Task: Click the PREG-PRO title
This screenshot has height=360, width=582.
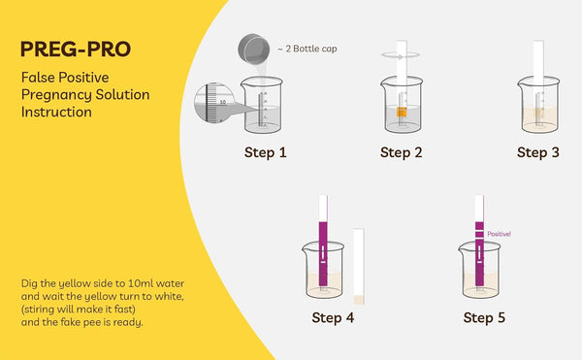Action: (76, 49)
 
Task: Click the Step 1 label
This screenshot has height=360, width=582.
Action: (266, 152)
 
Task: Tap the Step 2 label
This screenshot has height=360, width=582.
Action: (402, 152)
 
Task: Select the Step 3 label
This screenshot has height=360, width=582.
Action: (538, 152)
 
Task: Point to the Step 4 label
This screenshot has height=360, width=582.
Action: (333, 317)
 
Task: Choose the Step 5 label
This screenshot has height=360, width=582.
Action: (484, 317)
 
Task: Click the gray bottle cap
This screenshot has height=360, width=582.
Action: (254, 49)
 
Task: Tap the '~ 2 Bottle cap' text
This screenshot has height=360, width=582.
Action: (307, 49)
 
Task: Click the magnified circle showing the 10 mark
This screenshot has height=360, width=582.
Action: (214, 103)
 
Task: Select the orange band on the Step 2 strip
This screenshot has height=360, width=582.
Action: (402, 112)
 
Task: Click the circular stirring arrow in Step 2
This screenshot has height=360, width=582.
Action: (401, 55)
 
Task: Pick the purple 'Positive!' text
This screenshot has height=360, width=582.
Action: (499, 234)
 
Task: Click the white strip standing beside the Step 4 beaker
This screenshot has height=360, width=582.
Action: (359, 266)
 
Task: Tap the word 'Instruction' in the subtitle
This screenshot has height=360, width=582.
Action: (56, 112)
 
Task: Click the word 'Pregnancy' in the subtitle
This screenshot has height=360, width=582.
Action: (56, 95)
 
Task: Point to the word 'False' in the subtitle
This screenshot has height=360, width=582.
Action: (38, 78)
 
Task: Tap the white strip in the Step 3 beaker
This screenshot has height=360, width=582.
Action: (538, 82)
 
